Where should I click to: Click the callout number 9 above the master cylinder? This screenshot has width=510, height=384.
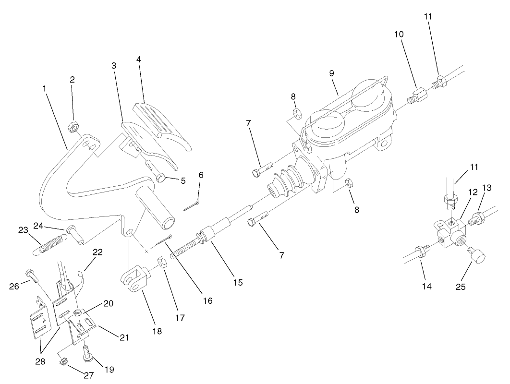coord(332,73)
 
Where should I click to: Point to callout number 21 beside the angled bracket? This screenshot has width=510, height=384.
coord(124,337)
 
